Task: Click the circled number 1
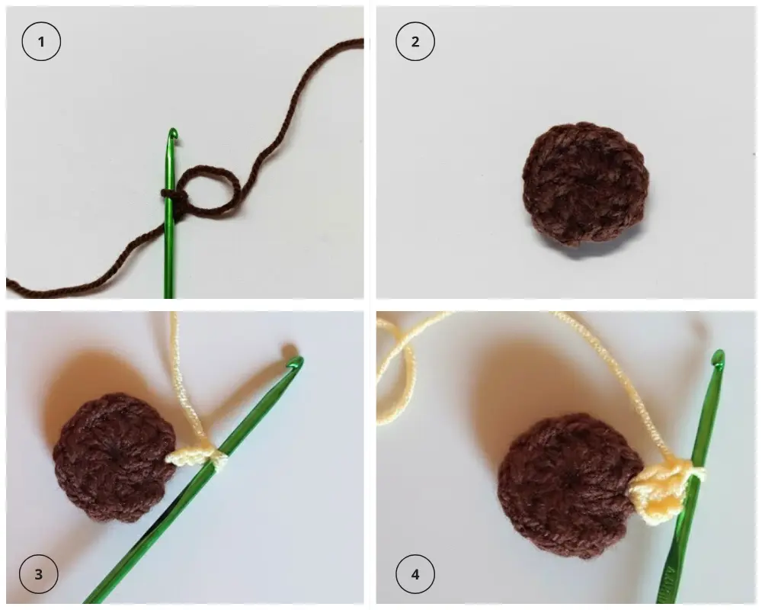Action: (41, 41)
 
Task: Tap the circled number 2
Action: (415, 41)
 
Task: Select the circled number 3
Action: (38, 574)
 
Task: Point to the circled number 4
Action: (415, 574)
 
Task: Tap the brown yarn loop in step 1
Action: (209, 189)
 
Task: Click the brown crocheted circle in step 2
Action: (585, 184)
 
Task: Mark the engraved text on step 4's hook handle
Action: (672, 581)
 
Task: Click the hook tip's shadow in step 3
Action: (289, 350)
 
